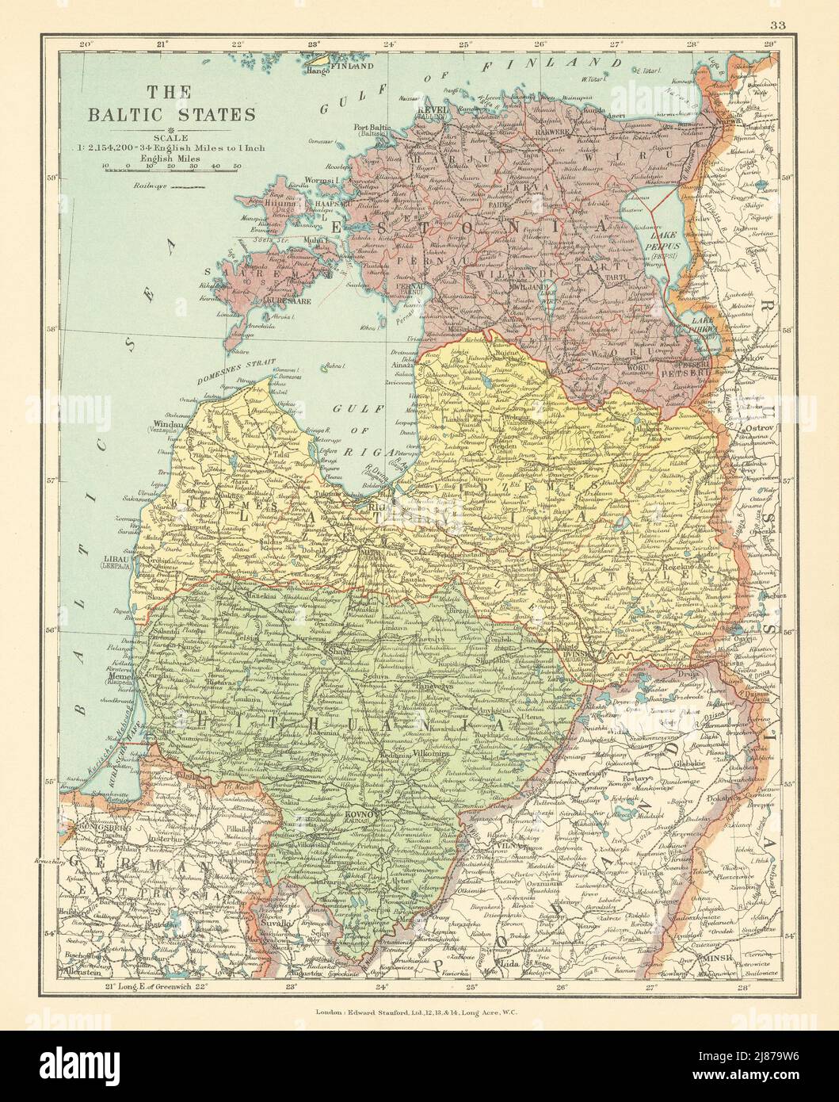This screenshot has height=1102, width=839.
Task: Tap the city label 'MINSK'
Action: click(717, 958)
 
